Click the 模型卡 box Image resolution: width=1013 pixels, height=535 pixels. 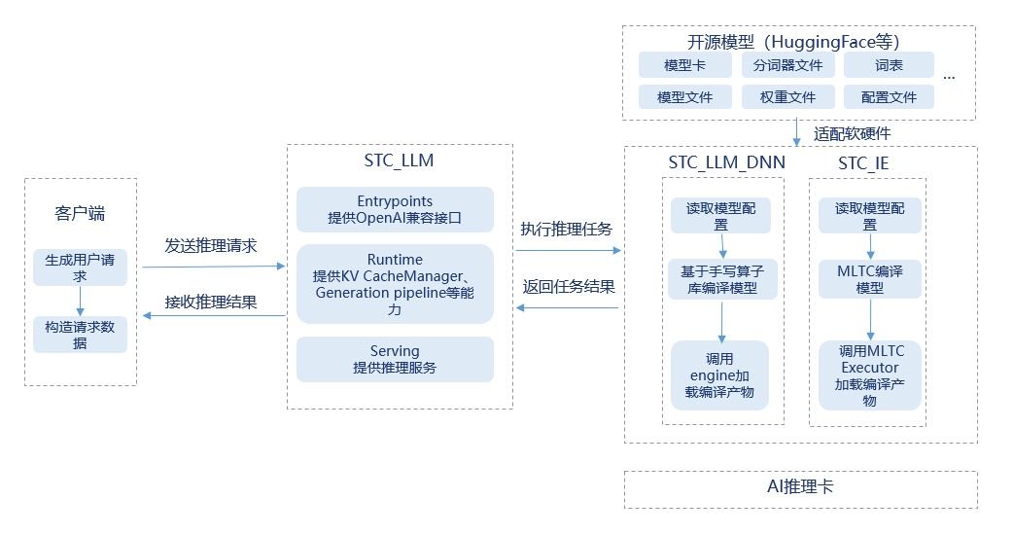(684, 65)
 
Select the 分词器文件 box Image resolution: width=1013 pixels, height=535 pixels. (787, 65)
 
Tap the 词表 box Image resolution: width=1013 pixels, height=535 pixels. (889, 65)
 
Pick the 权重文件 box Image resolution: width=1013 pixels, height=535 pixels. (787, 97)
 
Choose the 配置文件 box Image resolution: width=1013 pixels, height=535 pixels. (889, 97)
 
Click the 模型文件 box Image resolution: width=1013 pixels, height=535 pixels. (684, 97)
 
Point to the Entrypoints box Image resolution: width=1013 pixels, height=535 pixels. (395, 209)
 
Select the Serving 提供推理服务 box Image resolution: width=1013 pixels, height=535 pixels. (395, 359)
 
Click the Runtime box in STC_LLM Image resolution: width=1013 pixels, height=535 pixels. (395, 284)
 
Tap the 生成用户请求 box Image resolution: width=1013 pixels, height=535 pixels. (80, 267)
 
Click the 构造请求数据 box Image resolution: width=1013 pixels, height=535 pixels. (80, 335)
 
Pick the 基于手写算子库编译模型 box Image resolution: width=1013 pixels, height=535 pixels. (721, 280)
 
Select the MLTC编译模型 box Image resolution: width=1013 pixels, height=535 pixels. (869, 279)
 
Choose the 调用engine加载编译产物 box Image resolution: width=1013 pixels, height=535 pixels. (720, 375)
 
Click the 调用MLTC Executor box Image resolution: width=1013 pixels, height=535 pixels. (869, 375)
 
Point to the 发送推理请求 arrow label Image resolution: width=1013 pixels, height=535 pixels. (211, 246)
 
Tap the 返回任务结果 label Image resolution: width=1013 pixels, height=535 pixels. (569, 287)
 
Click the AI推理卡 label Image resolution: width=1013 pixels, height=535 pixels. (800, 486)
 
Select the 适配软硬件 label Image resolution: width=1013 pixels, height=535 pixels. (852, 133)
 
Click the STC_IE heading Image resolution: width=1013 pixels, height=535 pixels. (863, 163)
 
